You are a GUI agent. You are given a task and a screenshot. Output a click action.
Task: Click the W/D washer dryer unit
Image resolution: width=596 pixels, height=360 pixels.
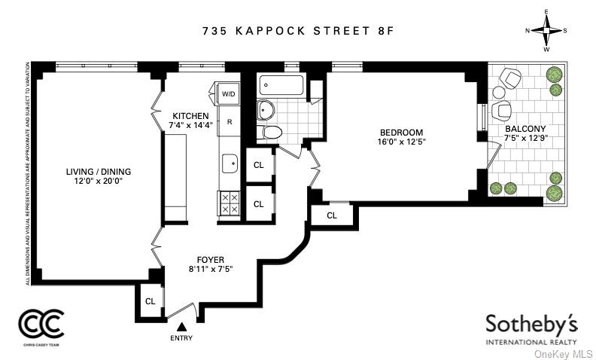pyautogui.click(x=228, y=93)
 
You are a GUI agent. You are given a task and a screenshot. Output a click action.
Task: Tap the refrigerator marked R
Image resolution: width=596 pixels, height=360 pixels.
pyautogui.click(x=230, y=122)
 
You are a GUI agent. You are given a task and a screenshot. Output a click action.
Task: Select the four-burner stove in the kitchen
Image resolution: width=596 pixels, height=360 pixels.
pyautogui.click(x=230, y=203)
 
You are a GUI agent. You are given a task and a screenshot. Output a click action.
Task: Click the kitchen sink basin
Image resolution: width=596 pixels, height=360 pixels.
pyautogui.click(x=230, y=163)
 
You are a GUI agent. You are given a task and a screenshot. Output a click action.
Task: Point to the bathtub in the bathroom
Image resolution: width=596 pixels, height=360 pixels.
pyautogui.click(x=281, y=85)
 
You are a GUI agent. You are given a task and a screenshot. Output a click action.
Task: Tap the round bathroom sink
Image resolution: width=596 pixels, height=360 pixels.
pyautogui.click(x=266, y=110)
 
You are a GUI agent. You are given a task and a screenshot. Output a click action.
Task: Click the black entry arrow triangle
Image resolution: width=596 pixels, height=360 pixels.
pyautogui.click(x=182, y=327)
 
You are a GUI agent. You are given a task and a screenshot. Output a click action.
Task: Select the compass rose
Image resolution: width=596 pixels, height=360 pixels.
pyautogui.click(x=546, y=31)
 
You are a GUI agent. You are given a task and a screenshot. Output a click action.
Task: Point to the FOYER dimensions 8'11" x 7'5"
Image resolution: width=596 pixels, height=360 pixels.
pyautogui.click(x=211, y=269)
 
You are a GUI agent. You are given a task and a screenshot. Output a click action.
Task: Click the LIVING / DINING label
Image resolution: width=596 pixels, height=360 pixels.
pyautogui.click(x=99, y=172)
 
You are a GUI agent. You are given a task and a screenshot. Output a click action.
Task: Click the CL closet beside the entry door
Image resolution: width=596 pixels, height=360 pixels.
pyautogui.click(x=151, y=301)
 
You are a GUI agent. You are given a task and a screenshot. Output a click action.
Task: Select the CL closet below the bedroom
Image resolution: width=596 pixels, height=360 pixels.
pyautogui.click(x=332, y=215)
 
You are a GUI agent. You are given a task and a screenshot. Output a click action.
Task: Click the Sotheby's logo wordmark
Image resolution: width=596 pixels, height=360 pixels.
pyautogui.click(x=531, y=325)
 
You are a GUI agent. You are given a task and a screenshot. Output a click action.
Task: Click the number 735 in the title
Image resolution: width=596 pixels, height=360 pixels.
pyautogui.click(x=214, y=31)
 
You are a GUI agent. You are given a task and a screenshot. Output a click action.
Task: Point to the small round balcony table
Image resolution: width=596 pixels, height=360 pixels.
pyautogui.click(x=498, y=92)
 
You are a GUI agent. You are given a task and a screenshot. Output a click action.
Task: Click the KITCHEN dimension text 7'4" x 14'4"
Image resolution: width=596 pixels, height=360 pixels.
pyautogui.click(x=191, y=124)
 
